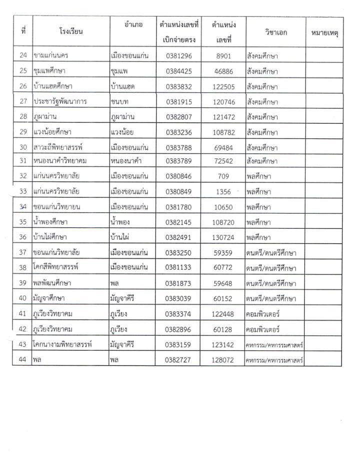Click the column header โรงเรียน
(x=70, y=32)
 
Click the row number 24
(x=22, y=55)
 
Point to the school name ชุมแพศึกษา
(x=52, y=71)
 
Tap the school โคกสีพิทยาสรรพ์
(x=58, y=267)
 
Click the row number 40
(x=22, y=298)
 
